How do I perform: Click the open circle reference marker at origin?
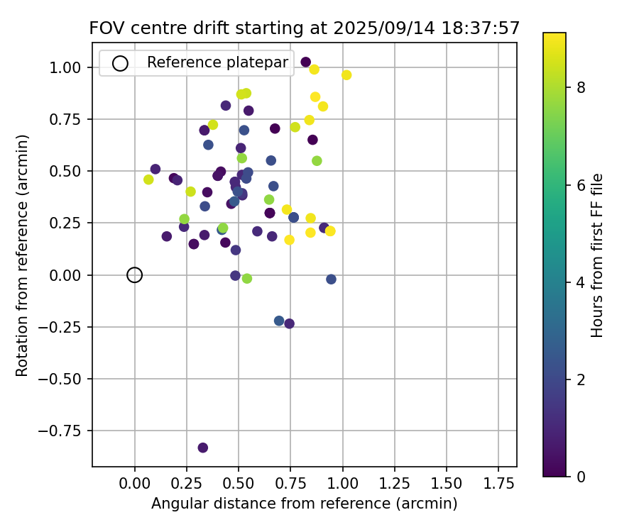click(x=135, y=275)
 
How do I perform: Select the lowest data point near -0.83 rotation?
click(x=203, y=448)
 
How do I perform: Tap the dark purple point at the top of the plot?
click(x=306, y=62)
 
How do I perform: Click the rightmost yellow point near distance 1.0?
click(x=346, y=75)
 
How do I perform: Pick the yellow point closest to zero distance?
click(x=148, y=179)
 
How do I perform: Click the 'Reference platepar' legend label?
click(x=217, y=62)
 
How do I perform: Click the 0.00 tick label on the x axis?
click(x=135, y=484)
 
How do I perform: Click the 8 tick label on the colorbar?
click(x=580, y=87)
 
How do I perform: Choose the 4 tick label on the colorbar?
click(x=580, y=282)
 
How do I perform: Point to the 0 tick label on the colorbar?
click(x=580, y=477)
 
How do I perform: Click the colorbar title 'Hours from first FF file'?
click(x=598, y=255)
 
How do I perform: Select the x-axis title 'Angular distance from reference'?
click(x=304, y=504)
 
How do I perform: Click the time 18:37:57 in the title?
click(x=483, y=28)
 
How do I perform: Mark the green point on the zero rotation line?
click(x=247, y=279)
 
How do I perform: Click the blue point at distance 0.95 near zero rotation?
click(x=331, y=279)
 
